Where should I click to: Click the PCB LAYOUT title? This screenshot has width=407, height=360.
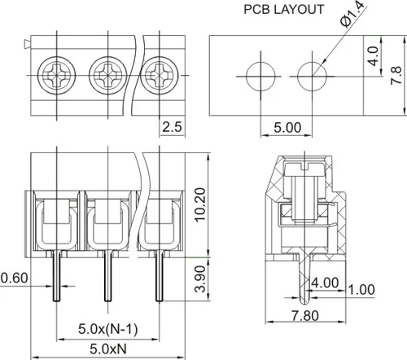pos(284,10)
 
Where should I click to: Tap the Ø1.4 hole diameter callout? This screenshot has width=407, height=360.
pos(353,14)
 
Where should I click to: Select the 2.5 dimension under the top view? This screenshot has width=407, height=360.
pos(172,127)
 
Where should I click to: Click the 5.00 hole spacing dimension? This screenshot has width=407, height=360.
pos(287,128)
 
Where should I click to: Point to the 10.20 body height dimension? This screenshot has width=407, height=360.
pos(201,204)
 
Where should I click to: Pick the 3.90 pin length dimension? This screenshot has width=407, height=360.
pos(201,279)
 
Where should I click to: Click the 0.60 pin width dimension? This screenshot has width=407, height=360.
pos(14,278)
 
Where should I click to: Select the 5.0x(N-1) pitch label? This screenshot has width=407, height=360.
pos(108,329)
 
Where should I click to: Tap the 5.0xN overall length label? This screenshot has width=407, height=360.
pos(108,349)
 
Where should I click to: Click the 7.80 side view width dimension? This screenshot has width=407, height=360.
pos(305,316)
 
